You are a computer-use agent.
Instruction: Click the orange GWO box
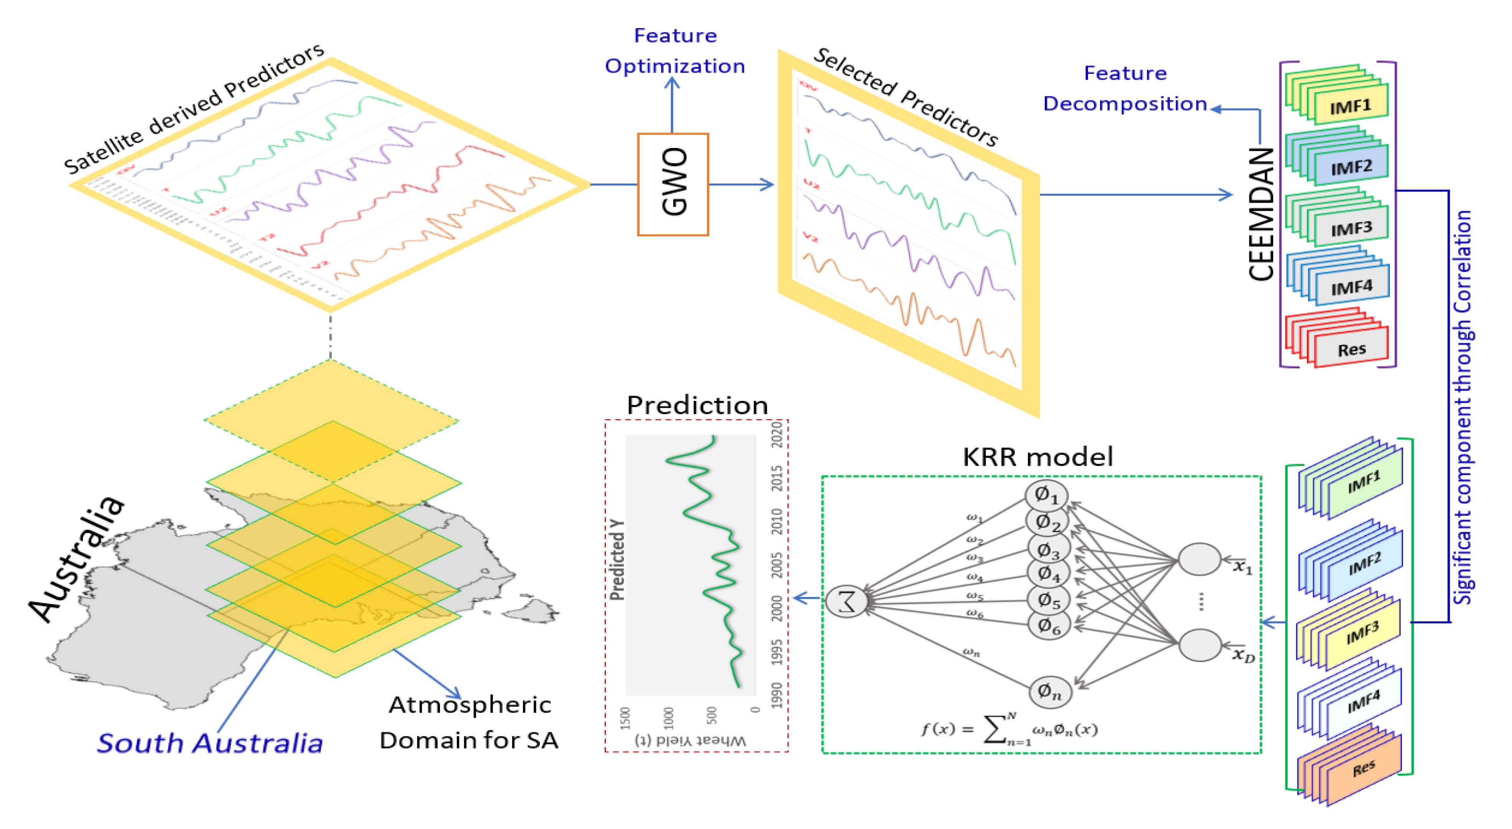click(x=673, y=184)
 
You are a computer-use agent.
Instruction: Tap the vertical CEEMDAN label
click(x=1261, y=214)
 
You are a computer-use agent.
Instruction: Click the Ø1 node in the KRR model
click(x=1046, y=495)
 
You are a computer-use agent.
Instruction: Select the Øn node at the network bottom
click(x=1049, y=692)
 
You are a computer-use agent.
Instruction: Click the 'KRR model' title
click(x=1037, y=456)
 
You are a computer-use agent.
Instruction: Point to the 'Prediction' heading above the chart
click(x=697, y=405)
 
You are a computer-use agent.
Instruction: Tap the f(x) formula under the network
click(x=1008, y=729)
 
